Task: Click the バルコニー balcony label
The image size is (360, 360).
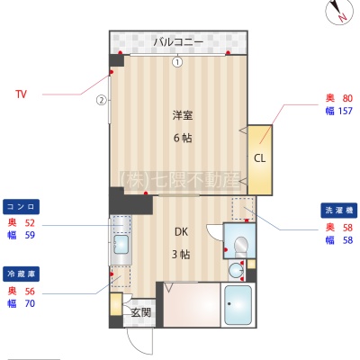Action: point(178,42)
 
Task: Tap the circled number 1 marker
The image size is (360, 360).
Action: point(177,62)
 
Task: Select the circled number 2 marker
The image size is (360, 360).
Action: point(102,100)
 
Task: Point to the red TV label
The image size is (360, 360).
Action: point(21,94)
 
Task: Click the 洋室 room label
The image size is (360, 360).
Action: point(183,115)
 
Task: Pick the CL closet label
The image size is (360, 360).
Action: point(260,158)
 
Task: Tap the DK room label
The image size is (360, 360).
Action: point(182,231)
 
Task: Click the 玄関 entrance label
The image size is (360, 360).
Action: point(140,312)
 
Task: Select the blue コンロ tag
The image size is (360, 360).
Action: point(21,207)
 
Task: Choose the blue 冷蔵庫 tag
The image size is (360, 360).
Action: point(21,274)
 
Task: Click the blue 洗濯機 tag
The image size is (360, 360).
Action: point(339,210)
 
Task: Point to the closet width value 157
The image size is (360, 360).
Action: point(345,111)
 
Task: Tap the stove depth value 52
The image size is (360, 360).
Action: point(30,222)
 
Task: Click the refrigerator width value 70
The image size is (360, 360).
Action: point(30,303)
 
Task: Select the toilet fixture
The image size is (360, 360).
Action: point(240,247)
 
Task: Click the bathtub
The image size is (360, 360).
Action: point(238,305)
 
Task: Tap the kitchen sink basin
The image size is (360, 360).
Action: point(121,244)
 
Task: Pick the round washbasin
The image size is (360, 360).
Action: point(237,270)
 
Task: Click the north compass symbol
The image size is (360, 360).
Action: point(339,12)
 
